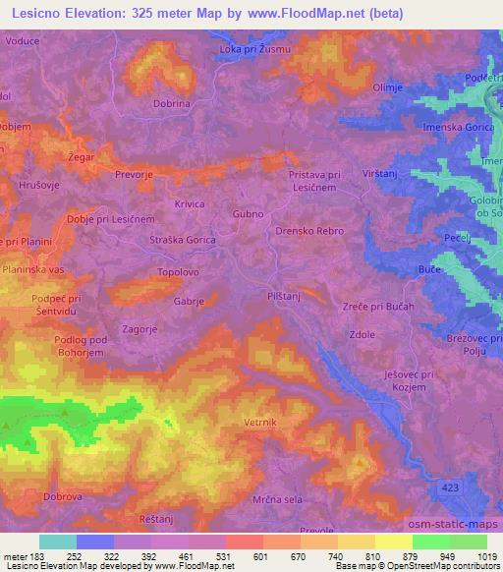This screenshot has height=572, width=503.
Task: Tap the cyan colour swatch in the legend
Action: [57, 542]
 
